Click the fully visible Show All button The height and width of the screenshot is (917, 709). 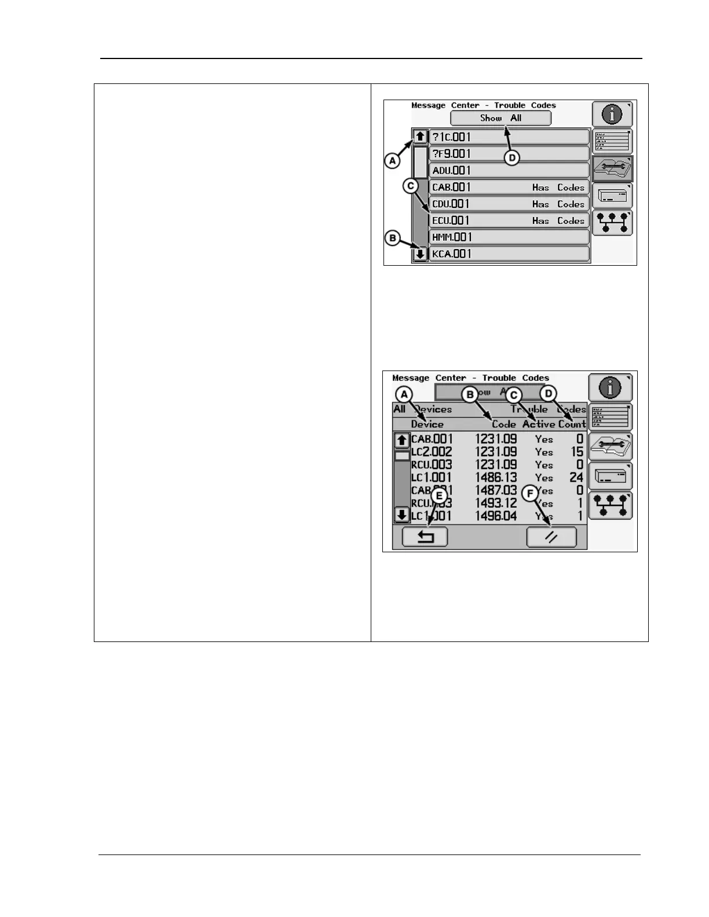coord(500,118)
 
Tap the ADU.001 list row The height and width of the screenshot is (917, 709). coord(509,170)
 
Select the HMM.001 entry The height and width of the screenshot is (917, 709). coord(509,237)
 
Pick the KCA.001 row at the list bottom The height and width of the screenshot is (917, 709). coord(509,254)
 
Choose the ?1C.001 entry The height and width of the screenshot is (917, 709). coord(509,137)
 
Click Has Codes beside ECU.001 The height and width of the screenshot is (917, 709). coord(558,221)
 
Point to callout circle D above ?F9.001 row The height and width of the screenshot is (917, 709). coord(512,157)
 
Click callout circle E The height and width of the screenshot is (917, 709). coord(439,496)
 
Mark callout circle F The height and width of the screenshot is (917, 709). coord(530,494)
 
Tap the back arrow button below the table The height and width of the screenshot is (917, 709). coord(425,537)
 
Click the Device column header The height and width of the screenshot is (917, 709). coord(427,424)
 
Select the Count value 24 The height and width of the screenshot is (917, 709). coord(576,478)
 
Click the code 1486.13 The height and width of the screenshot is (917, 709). coord(496,478)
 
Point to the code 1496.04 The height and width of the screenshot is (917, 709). coord(496,516)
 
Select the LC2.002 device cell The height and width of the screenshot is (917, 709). coord(432,452)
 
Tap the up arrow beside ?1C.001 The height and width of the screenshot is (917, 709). coord(421,137)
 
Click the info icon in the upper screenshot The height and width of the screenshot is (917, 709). coord(612,114)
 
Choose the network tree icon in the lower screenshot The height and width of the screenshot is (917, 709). coord(610,505)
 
